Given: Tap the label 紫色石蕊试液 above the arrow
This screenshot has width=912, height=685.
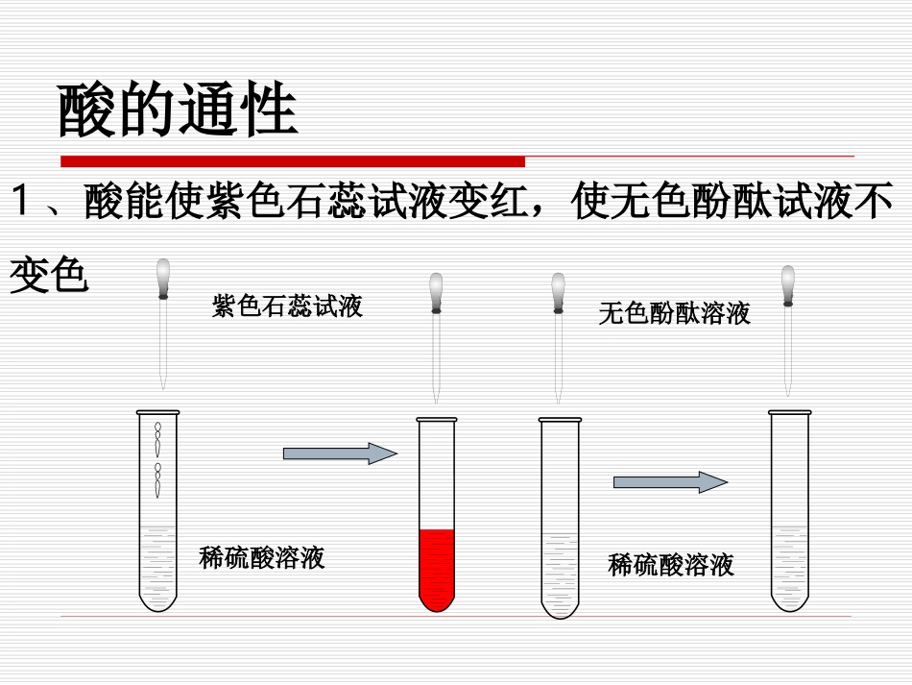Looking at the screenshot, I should pos(287,306).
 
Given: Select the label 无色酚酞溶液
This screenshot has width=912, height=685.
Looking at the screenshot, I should pos(674,313).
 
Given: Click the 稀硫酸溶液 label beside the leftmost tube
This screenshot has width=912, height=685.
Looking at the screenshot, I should pos(262,557).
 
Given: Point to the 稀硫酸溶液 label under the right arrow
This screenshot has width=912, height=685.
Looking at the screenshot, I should pos(671,564).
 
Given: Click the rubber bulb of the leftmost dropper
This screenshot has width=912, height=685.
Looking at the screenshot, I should pos(163,276).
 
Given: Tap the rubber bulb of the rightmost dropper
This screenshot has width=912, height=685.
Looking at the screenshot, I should pos(788,281).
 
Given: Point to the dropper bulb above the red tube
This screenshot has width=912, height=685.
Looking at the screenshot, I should pos(436,290).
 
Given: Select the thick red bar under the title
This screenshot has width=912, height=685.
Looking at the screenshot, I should pos(293,160).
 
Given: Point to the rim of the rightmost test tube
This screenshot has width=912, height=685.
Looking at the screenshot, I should pos(789,413).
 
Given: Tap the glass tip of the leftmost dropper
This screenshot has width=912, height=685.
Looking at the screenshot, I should pos(163,380).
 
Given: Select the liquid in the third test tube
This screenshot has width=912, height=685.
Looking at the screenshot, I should pos(559,572).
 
